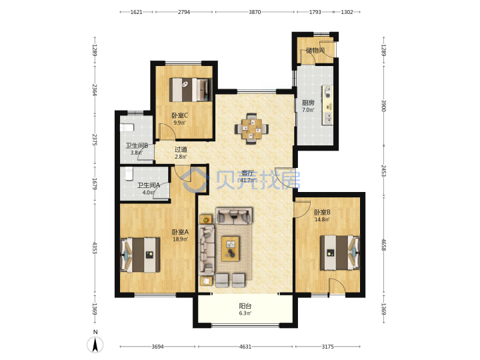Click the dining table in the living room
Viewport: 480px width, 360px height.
point(252,129)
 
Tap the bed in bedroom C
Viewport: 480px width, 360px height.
point(191,90)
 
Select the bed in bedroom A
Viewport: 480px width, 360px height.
point(141,255)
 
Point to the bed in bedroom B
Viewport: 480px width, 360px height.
point(340,253)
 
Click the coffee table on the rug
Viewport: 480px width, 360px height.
point(230,249)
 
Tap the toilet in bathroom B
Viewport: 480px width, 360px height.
point(127,127)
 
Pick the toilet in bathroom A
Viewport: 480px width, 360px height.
point(129,173)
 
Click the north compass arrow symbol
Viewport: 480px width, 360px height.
point(95,345)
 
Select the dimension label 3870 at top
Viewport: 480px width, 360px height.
point(255,12)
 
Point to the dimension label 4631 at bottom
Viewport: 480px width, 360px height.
point(245,347)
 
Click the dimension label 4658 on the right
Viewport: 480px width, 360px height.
point(383,245)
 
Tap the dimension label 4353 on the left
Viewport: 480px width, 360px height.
point(95,248)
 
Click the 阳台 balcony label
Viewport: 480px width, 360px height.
point(245,306)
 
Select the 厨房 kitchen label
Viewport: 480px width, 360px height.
point(308,103)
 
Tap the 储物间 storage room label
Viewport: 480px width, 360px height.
point(315,50)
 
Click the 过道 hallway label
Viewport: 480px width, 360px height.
point(181,149)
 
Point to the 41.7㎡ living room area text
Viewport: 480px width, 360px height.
point(247,180)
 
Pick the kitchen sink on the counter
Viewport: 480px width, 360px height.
point(327,118)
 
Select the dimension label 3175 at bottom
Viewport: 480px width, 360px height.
point(327,347)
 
